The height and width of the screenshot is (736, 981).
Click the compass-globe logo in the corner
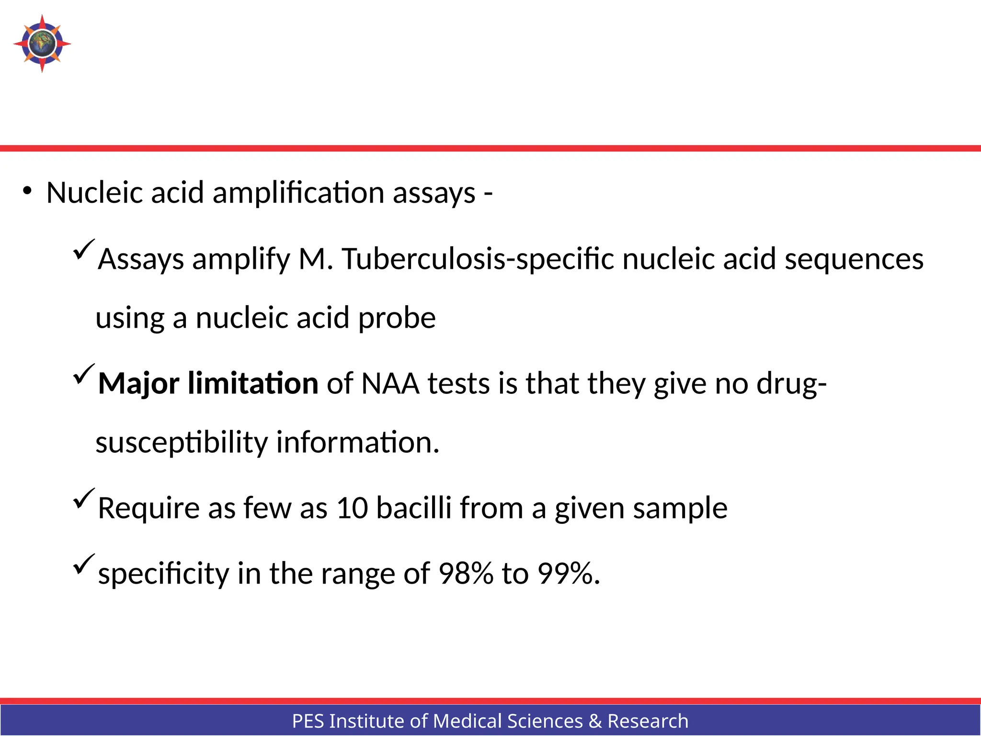(42, 44)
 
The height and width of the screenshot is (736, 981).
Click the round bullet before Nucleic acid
(27, 191)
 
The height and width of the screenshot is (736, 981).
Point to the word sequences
(854, 259)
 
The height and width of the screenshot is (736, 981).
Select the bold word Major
(138, 384)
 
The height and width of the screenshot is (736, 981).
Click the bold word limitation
(253, 383)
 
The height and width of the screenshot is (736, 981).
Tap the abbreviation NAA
(390, 383)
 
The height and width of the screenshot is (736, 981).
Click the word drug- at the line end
(791, 384)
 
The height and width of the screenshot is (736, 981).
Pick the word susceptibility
(182, 442)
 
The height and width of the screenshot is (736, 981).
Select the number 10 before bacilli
(352, 508)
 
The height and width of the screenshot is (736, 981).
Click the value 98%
(466, 573)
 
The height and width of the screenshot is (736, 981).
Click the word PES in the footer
(308, 721)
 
